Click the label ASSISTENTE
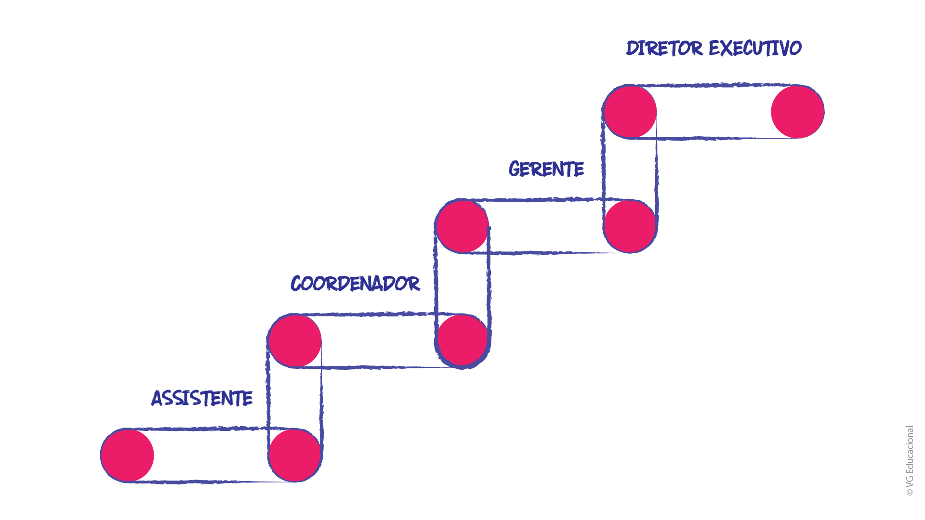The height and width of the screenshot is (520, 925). (202, 398)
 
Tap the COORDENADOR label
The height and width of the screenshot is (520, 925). (355, 284)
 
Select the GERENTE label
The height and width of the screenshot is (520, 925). (546, 169)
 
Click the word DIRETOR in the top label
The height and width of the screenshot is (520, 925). (664, 48)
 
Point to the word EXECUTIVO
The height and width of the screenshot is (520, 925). (755, 48)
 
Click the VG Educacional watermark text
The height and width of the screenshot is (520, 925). (910, 456)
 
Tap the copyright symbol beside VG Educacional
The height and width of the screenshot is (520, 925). (910, 493)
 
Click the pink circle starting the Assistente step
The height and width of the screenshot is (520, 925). (127, 455)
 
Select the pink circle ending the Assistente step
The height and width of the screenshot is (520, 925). (294, 455)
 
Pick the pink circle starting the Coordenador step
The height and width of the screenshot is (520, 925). (295, 341)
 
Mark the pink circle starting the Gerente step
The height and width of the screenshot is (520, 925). (462, 226)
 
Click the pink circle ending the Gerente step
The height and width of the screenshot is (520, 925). (630, 226)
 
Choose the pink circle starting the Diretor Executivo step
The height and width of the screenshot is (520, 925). (630, 112)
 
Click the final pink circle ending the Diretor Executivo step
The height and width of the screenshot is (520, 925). (797, 112)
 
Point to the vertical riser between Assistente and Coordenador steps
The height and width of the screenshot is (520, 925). (294, 398)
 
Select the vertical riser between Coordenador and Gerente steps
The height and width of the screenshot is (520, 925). (462, 284)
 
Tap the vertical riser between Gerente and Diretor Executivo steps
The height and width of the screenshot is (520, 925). (630, 169)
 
